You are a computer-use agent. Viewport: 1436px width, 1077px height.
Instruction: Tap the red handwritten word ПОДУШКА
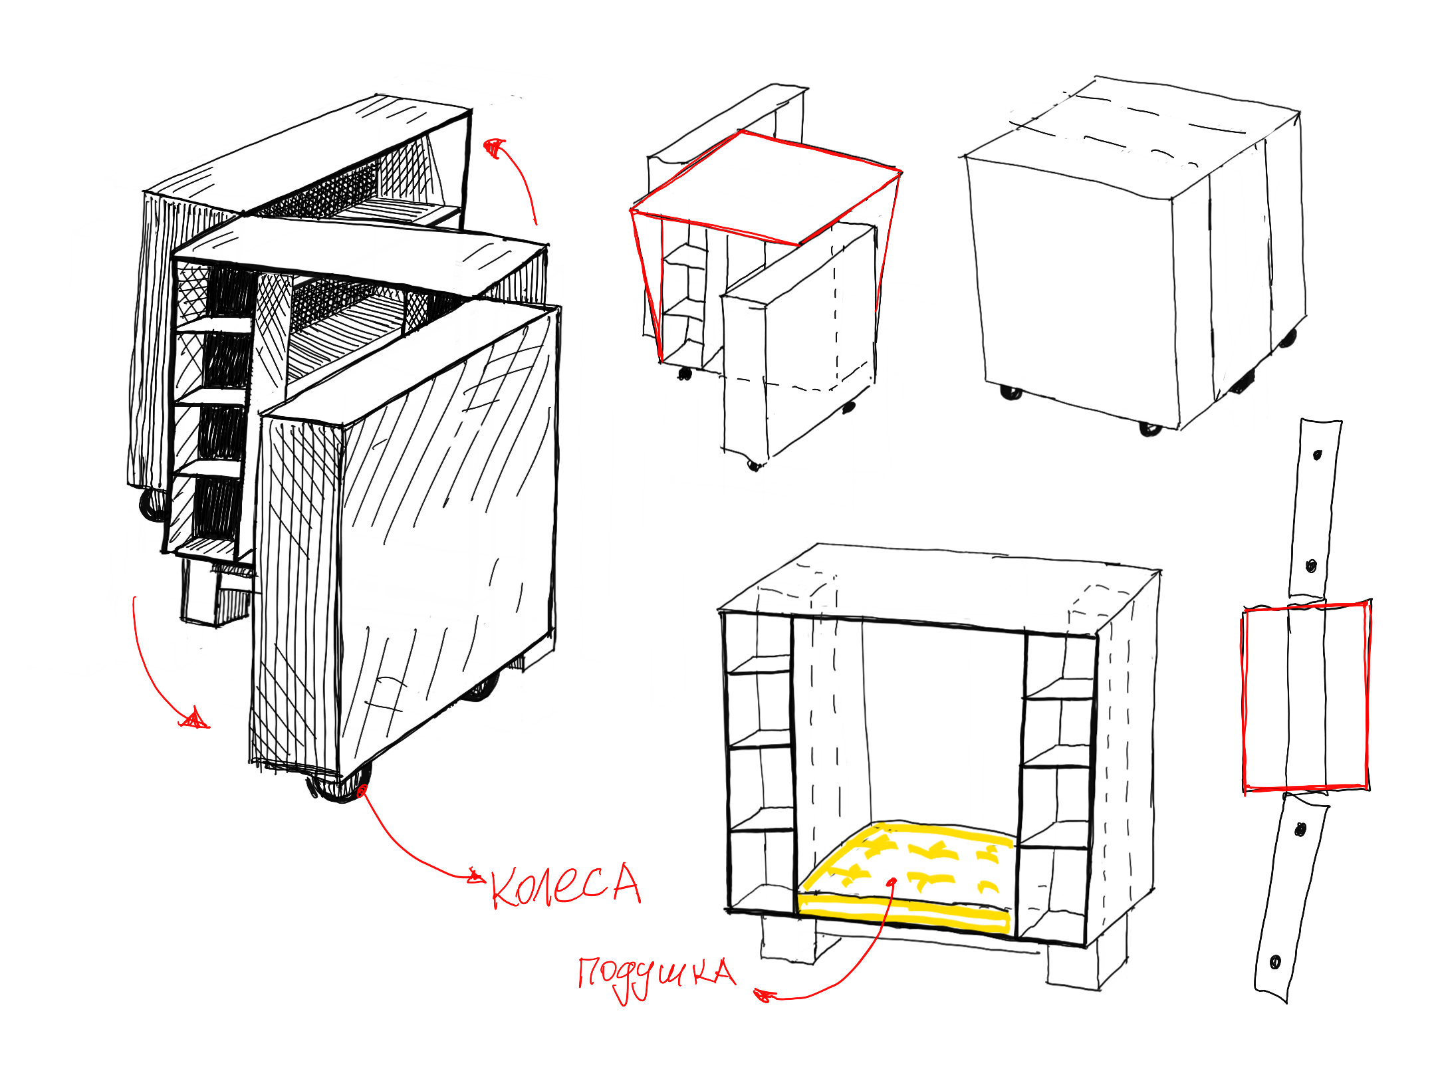point(657,977)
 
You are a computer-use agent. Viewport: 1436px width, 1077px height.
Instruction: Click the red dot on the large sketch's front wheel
point(362,790)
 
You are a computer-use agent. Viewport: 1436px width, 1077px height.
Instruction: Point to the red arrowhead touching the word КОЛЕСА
point(475,876)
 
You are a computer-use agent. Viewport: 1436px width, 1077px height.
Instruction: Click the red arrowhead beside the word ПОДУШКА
point(765,995)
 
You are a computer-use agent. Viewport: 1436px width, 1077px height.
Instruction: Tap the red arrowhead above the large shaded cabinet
point(494,148)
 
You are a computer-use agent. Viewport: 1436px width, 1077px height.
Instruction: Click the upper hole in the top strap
point(1317,455)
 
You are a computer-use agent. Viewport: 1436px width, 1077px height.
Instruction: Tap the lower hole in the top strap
point(1311,566)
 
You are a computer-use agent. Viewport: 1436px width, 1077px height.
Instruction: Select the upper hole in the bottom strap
point(1300,830)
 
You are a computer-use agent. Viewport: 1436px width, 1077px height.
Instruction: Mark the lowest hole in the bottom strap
point(1275,962)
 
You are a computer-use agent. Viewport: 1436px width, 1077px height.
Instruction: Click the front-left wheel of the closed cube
point(1011,393)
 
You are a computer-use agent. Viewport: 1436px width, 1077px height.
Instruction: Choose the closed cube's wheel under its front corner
point(1150,429)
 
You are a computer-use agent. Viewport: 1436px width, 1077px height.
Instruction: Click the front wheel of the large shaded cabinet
point(339,784)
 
